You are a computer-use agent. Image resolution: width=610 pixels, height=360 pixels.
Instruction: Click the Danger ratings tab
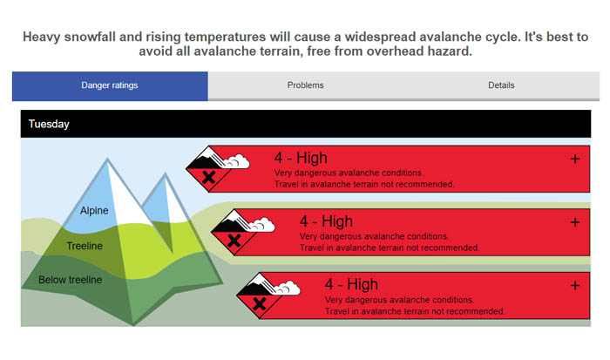[x=110, y=85]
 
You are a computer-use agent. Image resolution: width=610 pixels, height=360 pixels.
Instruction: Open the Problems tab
[x=305, y=85]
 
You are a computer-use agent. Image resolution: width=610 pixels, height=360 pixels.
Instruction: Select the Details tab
[x=501, y=85]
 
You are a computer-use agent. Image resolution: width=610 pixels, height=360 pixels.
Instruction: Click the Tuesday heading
[x=49, y=124]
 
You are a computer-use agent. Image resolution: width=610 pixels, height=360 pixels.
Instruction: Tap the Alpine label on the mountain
[x=94, y=211]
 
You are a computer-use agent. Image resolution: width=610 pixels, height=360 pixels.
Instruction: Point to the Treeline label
[x=85, y=246]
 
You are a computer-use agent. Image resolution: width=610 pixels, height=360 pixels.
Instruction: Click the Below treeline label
[x=70, y=280]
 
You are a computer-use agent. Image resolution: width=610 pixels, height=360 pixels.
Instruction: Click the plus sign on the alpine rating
[x=574, y=159]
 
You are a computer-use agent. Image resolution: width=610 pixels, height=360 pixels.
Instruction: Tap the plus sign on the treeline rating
[x=574, y=222]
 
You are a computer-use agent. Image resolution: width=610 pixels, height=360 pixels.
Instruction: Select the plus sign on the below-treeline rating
[x=574, y=286]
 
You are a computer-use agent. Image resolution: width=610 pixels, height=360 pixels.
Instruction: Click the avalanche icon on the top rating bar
[x=217, y=169]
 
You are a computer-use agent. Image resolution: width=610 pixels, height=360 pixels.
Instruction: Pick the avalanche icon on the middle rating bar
[x=242, y=233]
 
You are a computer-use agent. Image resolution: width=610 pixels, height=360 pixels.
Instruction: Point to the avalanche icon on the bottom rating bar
[x=268, y=295]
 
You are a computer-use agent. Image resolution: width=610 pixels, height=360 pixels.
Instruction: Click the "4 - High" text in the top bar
[x=301, y=158]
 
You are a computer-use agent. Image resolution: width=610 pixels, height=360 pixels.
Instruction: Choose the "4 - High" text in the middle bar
[x=326, y=221]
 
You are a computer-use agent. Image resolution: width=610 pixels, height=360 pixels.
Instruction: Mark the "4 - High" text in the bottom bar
[x=351, y=284]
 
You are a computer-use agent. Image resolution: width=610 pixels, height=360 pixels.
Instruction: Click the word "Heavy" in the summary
[x=41, y=37]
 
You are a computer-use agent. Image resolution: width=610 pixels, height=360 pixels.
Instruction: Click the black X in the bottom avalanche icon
[x=260, y=303]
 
